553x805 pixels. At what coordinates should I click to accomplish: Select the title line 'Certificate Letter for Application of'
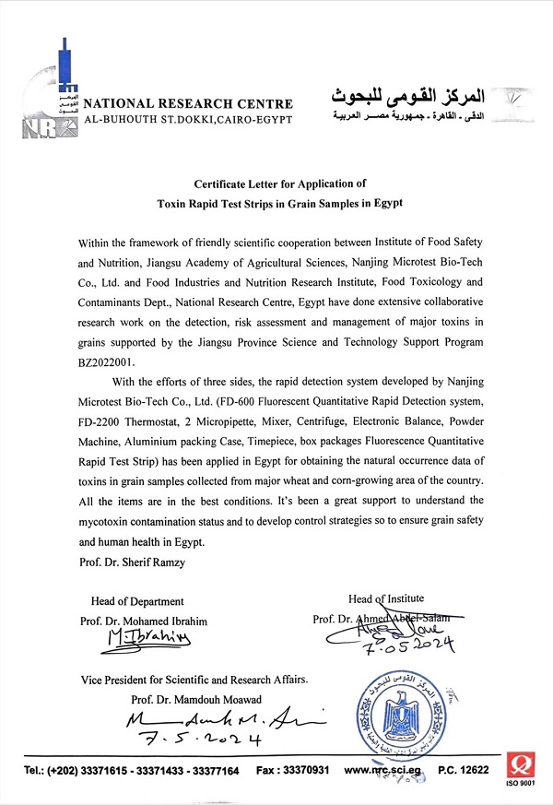point(280,183)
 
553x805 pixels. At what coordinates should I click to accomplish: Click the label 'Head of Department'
point(137,601)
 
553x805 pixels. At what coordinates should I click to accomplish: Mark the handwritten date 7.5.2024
point(193,739)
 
